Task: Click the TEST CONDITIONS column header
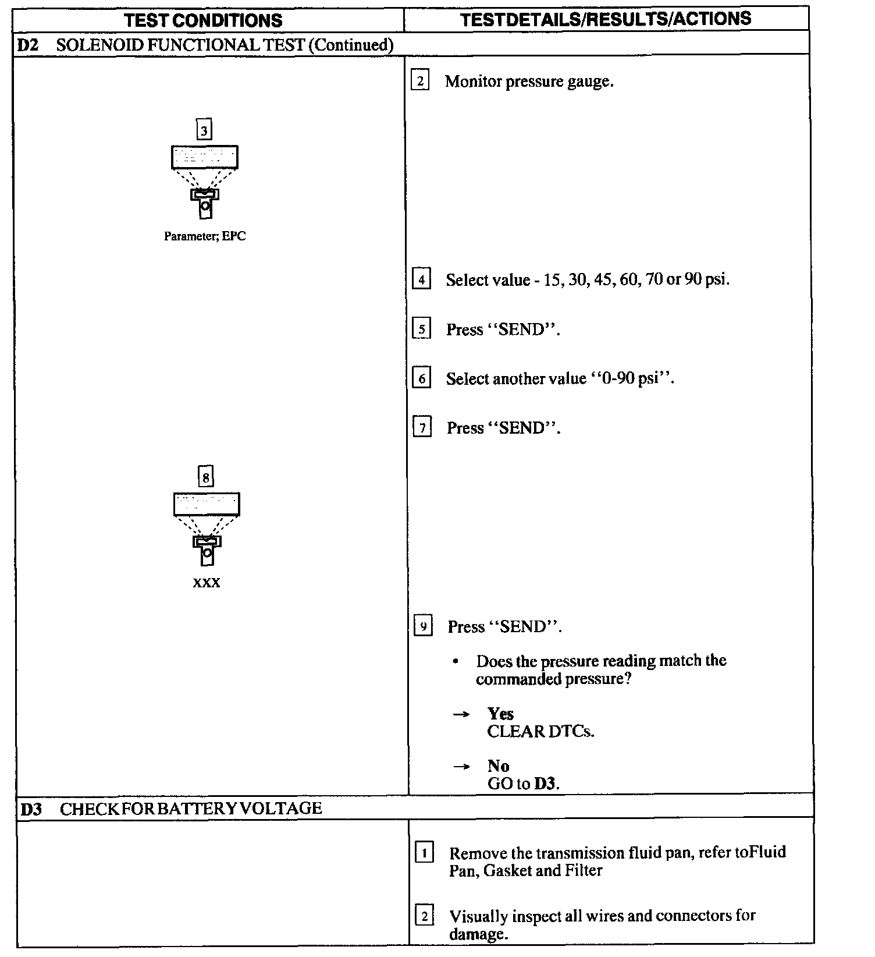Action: point(204,20)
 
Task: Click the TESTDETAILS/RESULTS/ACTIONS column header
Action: point(606,19)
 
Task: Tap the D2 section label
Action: point(27,45)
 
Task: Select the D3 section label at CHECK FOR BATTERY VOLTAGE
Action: point(31,809)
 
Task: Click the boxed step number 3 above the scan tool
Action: point(204,130)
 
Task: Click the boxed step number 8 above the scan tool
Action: point(206,477)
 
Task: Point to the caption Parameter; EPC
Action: point(205,236)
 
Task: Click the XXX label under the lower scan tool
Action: point(207,583)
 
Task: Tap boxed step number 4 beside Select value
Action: point(421,280)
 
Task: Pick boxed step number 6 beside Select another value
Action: point(422,379)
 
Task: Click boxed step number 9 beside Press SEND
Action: point(423,627)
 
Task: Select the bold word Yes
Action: point(500,714)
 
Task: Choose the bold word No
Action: point(499,766)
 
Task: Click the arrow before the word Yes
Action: point(461,714)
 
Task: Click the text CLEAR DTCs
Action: point(540,732)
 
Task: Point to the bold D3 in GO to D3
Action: point(545,784)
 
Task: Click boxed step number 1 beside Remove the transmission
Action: point(424,854)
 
